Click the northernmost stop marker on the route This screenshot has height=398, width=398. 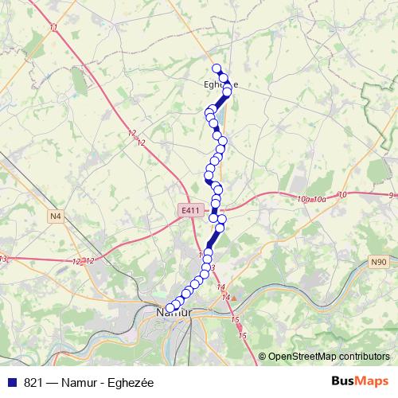pyautogui.click(x=216, y=68)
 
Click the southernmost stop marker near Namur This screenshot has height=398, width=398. pyautogui.click(x=169, y=308)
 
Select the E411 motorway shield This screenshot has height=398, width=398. pyautogui.click(x=189, y=210)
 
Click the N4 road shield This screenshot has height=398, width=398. pyautogui.click(x=55, y=216)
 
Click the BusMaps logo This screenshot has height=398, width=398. pyautogui.click(x=358, y=381)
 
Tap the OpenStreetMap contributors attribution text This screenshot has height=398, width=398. pyautogui.click(x=329, y=357)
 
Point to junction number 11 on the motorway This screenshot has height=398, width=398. pyautogui.click(x=53, y=29)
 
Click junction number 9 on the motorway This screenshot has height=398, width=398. pyautogui.click(x=392, y=195)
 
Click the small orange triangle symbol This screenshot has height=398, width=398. pyautogui.click(x=234, y=298)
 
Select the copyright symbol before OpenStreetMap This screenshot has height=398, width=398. pyautogui.click(x=263, y=357)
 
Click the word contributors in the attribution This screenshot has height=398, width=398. pyautogui.click(x=361, y=357)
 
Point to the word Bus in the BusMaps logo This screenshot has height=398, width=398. pyautogui.click(x=343, y=381)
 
